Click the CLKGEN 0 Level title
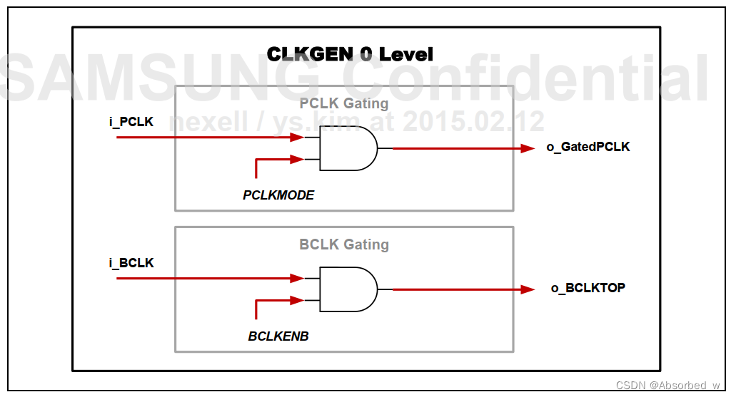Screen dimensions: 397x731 pos(350,54)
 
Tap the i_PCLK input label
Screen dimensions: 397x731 pos(131,122)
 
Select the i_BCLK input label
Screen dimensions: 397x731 pos(131,263)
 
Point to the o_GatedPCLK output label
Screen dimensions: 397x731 pos(588,148)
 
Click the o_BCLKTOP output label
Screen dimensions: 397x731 pos(588,288)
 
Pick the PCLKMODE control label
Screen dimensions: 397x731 pos(278,195)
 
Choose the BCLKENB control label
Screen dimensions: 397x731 pos(278,336)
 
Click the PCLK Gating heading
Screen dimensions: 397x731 pos(344,103)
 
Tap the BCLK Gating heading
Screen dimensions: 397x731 pos(344,244)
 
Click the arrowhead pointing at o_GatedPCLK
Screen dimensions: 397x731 pos(528,148)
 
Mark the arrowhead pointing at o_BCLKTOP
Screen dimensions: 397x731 pos(528,289)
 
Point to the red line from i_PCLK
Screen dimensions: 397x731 pos(207,137)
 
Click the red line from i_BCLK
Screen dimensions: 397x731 pos(207,278)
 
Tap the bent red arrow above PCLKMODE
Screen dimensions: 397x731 pos(274,160)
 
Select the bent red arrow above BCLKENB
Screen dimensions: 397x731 pos(274,301)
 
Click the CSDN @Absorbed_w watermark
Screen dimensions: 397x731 pos(668,385)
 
